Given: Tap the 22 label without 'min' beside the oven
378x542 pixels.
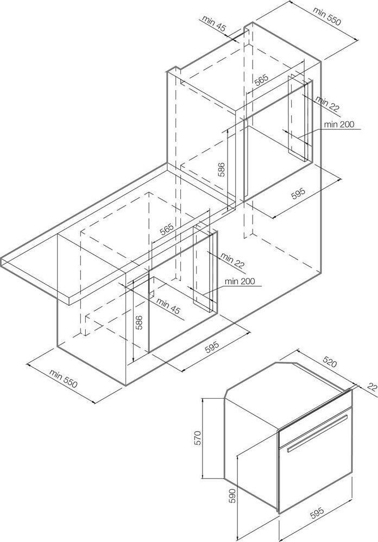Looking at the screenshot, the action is point(371,387).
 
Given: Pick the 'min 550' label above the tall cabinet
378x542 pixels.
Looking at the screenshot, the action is point(327,16).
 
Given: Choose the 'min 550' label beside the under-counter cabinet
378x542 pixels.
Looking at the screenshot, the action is point(63,379).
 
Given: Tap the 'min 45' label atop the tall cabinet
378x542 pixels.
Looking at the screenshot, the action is point(214,24).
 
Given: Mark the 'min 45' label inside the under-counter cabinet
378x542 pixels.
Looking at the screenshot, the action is point(168,306).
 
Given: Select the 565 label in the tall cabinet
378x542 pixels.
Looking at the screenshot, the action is point(261,80).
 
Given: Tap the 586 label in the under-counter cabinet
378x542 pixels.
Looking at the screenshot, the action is point(138,323).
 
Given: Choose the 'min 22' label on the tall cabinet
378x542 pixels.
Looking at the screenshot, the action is point(327,104).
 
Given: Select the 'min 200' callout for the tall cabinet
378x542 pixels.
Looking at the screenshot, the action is point(339,124).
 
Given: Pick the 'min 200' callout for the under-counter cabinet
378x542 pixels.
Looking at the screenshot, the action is point(240,281).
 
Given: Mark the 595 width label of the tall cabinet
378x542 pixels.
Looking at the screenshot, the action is point(299,193).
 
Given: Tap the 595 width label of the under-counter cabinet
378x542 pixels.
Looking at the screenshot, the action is point(212,346).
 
